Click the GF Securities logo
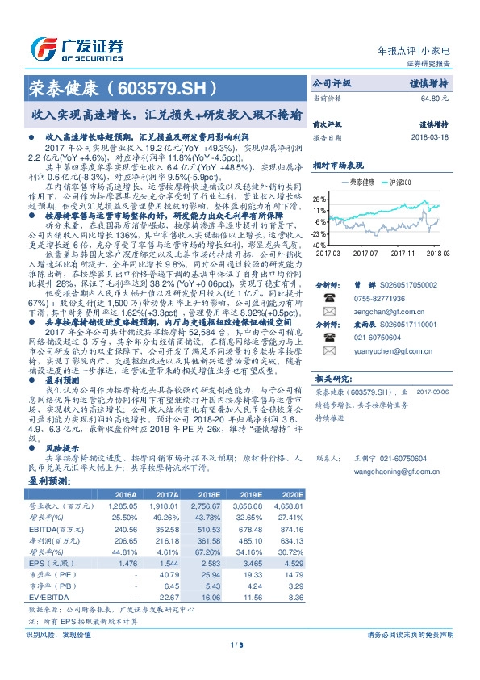[x=77, y=48]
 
